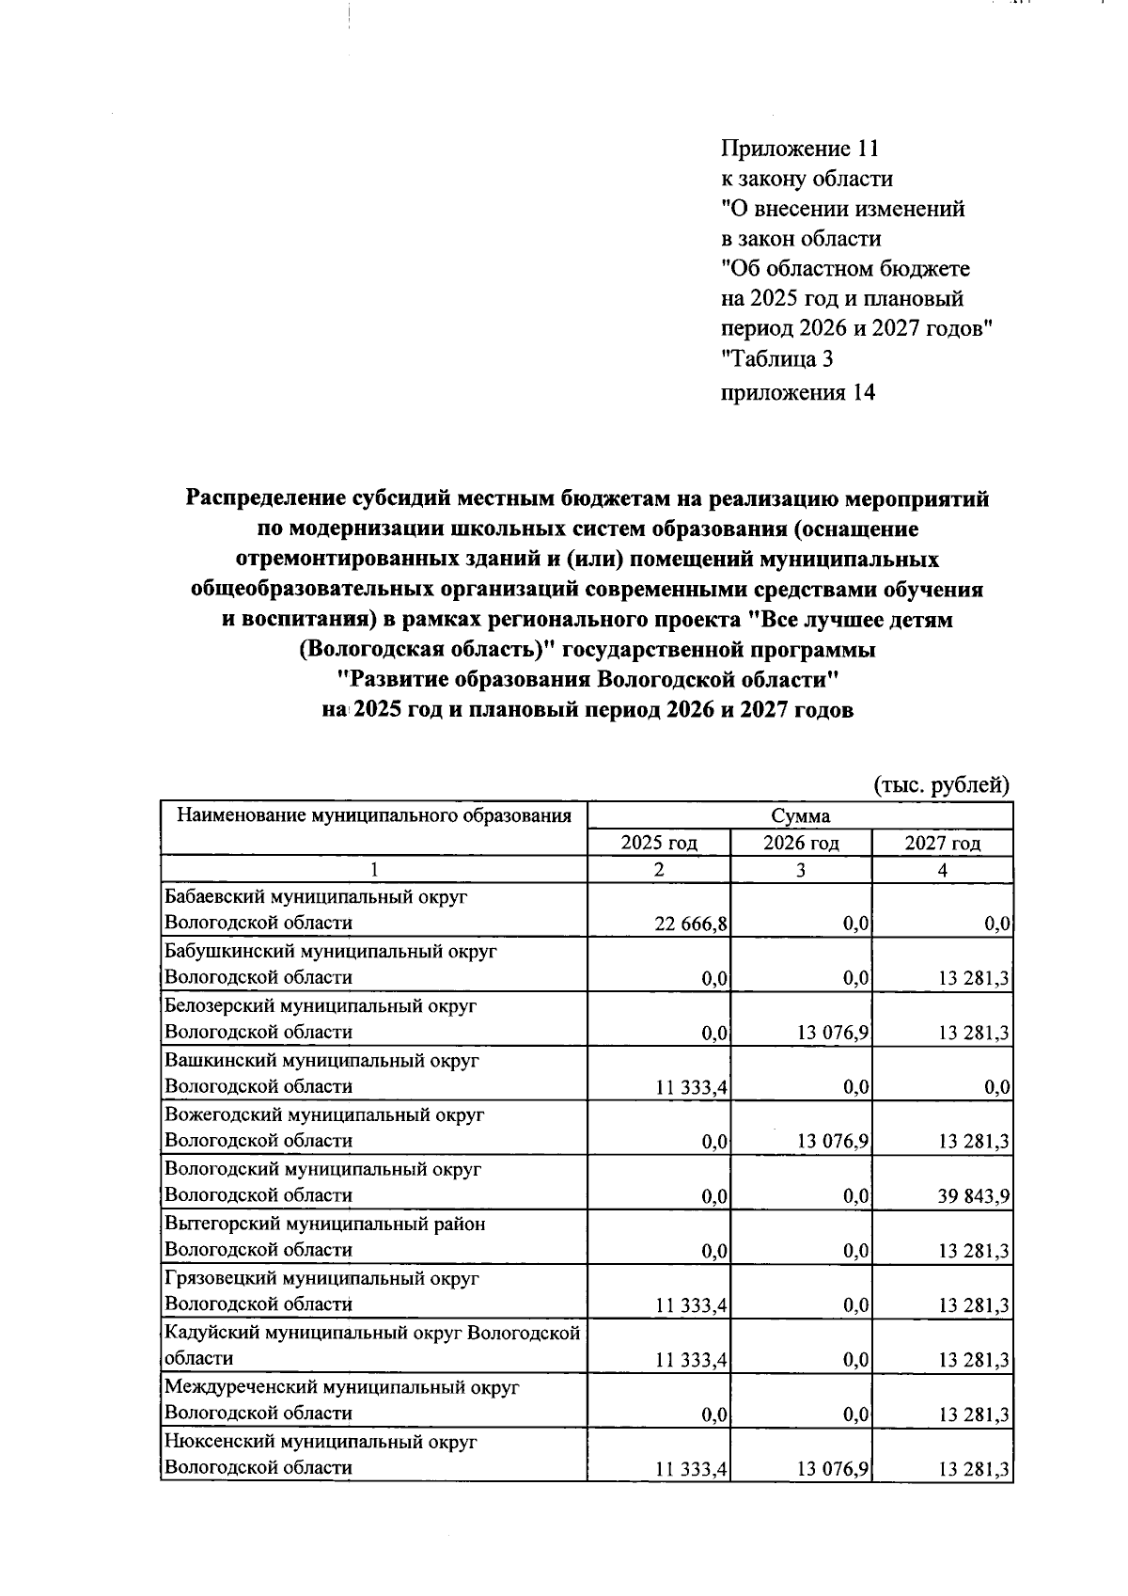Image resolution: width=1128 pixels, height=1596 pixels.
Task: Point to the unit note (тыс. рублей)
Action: (x=942, y=785)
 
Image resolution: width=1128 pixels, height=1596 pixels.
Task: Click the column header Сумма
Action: (x=801, y=815)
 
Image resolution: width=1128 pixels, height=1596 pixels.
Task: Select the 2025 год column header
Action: (x=659, y=843)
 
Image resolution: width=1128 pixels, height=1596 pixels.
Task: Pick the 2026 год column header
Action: (x=801, y=843)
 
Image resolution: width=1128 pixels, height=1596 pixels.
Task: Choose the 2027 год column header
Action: (x=942, y=843)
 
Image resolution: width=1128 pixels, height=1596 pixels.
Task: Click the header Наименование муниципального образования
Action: (x=374, y=815)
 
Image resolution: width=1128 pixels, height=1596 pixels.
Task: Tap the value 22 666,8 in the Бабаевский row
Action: (x=692, y=924)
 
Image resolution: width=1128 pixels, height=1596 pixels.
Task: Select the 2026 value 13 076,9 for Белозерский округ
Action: (x=833, y=1034)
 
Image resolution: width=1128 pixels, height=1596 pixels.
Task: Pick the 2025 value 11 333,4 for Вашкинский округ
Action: (x=692, y=1088)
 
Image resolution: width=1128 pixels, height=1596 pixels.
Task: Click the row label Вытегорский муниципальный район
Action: (x=325, y=1224)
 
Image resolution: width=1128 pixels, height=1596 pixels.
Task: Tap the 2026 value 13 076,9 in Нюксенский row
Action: (x=833, y=1468)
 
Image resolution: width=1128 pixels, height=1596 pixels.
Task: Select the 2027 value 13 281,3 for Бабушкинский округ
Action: (x=975, y=979)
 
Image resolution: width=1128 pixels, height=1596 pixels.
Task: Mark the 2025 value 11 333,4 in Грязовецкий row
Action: (x=692, y=1305)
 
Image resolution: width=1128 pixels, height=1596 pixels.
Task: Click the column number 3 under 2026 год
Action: (x=801, y=871)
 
